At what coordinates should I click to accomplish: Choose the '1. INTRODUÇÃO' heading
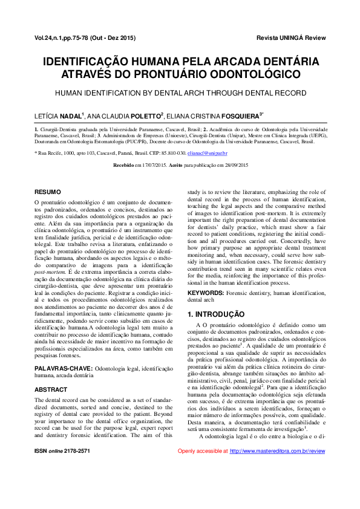click(x=215, y=314)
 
